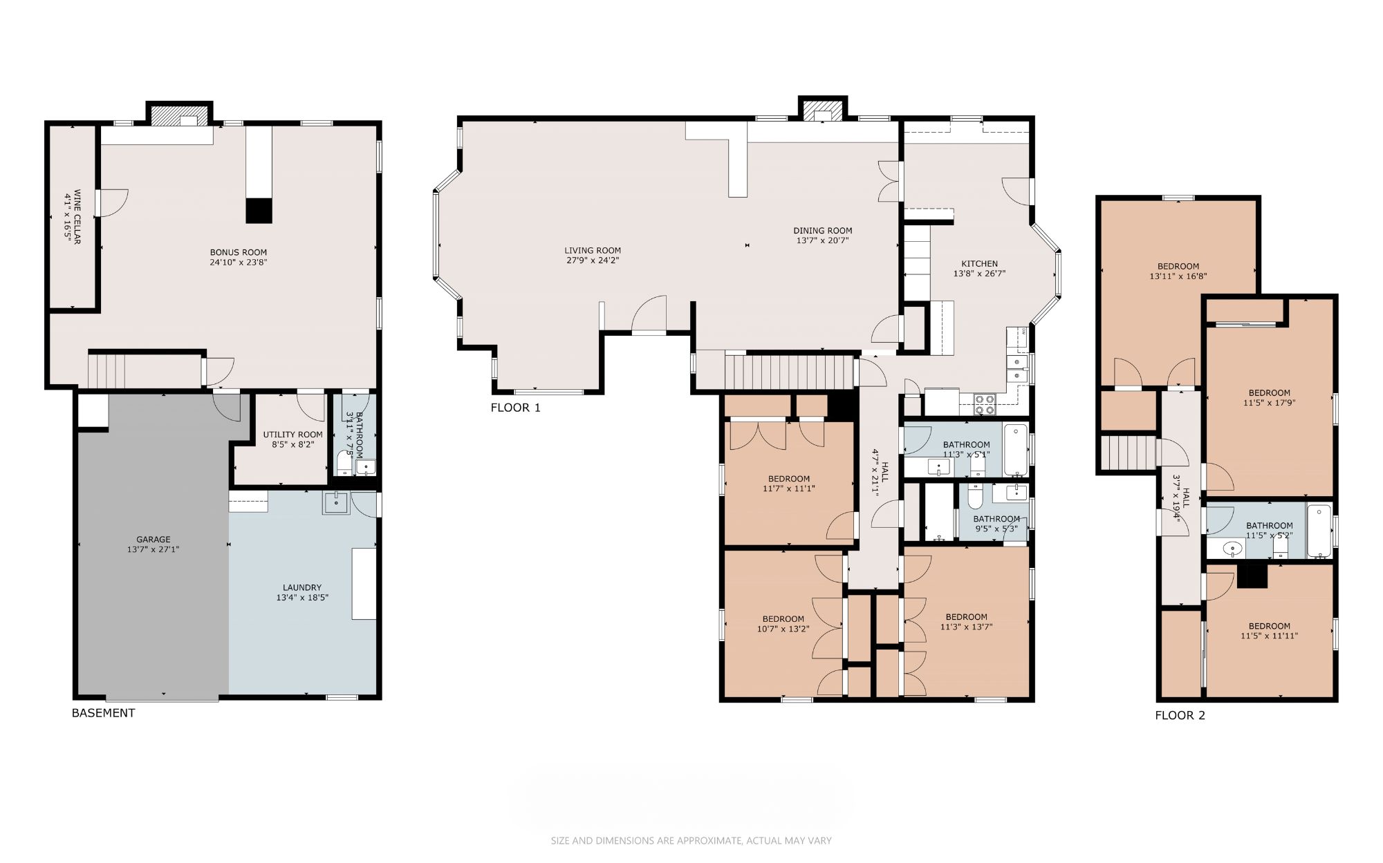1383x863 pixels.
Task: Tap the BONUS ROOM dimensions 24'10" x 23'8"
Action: click(x=239, y=263)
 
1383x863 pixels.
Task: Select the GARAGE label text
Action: click(x=153, y=540)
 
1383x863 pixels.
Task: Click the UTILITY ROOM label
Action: click(x=293, y=435)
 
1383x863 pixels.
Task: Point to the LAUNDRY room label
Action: click(x=302, y=588)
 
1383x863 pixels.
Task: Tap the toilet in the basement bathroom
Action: click(x=344, y=463)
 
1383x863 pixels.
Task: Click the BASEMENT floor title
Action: click(x=104, y=713)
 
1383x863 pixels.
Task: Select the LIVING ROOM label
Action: click(x=593, y=251)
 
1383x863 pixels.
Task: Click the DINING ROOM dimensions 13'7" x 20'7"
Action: click(x=822, y=241)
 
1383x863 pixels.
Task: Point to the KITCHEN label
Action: click(x=979, y=264)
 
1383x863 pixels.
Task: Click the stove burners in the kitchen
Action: click(x=985, y=404)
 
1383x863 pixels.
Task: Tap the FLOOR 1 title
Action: click(x=516, y=408)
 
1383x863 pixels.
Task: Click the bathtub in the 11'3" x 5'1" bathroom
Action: click(x=1015, y=450)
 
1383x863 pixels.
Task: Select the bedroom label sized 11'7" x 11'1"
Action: click(x=789, y=479)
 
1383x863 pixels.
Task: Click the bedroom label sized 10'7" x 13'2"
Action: click(x=783, y=619)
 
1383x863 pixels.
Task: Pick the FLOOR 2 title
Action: click(x=1180, y=715)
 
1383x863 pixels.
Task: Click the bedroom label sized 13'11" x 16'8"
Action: click(x=1178, y=267)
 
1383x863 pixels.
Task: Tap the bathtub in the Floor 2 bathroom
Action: click(x=1319, y=531)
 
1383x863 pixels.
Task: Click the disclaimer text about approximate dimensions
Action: click(x=691, y=841)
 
